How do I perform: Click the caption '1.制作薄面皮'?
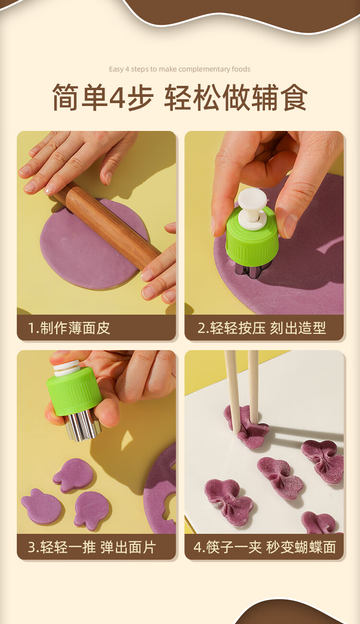click(x=69, y=328)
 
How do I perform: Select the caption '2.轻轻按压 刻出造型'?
click(x=262, y=328)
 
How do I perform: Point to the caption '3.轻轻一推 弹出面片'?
click(x=92, y=547)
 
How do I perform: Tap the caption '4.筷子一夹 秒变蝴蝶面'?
click(x=264, y=547)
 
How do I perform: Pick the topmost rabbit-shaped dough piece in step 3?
click(x=73, y=475)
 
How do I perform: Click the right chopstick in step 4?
click(x=253, y=387)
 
